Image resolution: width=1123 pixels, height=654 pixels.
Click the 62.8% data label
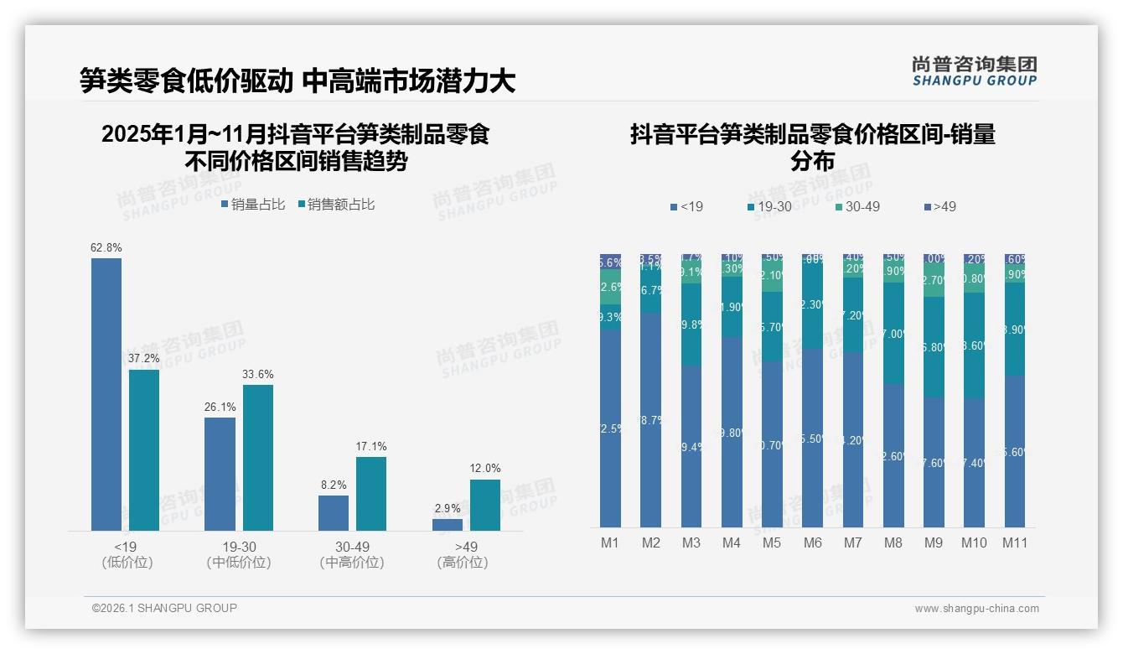tap(106, 247)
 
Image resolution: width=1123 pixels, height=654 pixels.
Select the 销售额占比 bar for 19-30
tap(258, 457)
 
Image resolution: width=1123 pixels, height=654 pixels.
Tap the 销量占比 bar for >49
tap(448, 525)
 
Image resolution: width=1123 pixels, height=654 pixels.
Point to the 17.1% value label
tap(371, 446)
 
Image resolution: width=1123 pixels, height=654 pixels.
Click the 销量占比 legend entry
tap(252, 205)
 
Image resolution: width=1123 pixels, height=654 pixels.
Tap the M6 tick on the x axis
tap(812, 542)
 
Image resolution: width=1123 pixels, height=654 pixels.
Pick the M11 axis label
tap(1015, 542)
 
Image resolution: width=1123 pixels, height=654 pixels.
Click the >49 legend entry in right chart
tap(939, 206)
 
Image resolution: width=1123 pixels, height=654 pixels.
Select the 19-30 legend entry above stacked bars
tap(769, 206)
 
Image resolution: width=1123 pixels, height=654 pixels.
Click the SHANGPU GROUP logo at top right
tap(974, 71)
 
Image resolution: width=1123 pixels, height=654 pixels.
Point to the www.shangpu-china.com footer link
tap(976, 609)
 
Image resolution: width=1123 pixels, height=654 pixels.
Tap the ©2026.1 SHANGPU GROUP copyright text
tap(164, 608)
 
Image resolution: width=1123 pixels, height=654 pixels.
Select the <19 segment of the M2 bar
tap(651, 419)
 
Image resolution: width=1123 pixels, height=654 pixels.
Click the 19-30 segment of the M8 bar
tap(893, 333)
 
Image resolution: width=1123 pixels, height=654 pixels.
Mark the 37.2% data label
tap(144, 359)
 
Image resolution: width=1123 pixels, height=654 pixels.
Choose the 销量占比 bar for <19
tap(106, 394)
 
